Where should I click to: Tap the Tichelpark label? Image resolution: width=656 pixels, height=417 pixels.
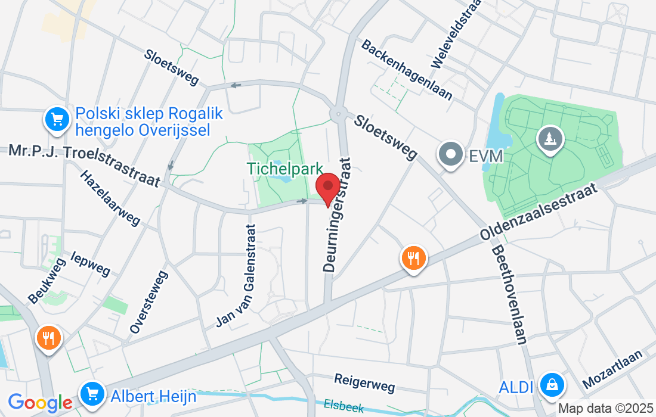point(286,169)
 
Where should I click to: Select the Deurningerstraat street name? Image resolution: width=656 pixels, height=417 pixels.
point(338,215)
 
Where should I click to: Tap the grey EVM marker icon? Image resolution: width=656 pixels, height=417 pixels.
point(451,155)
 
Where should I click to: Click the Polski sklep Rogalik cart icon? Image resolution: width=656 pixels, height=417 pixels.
point(57,120)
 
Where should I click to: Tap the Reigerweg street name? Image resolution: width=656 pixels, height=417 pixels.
point(364,382)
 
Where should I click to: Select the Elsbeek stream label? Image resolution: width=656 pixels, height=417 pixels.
point(344,406)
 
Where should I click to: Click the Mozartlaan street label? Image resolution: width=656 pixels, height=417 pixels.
point(613,369)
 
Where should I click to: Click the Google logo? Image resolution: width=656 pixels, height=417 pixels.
point(40,403)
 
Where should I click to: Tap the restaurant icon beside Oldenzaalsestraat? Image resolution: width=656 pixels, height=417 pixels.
point(413,259)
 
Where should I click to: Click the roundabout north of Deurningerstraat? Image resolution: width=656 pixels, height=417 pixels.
point(339,111)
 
